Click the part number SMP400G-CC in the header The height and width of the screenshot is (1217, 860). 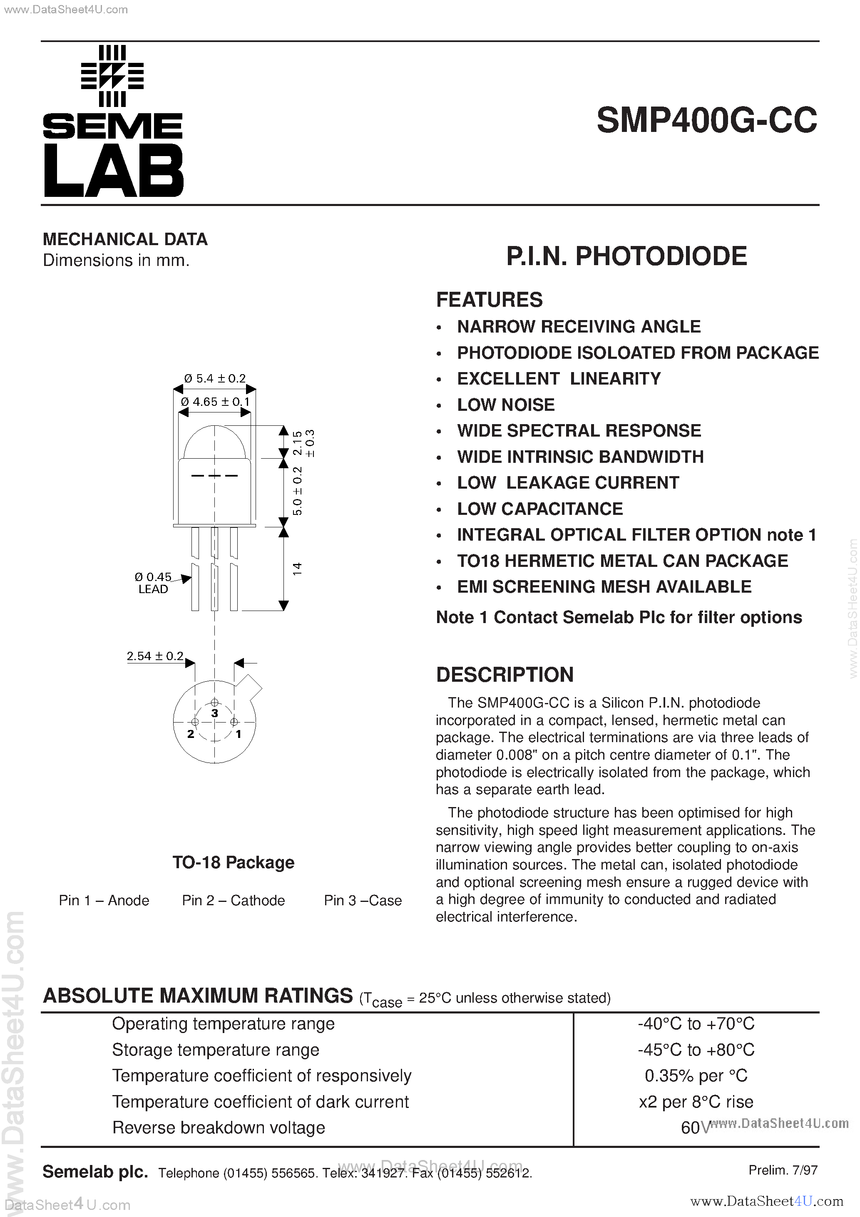pos(706,121)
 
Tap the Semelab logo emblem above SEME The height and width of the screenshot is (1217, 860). pos(112,75)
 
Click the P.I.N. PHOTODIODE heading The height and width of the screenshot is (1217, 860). pos(626,256)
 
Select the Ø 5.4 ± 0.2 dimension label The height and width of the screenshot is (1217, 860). pos(215,378)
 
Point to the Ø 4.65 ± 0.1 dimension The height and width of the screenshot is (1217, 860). pos(215,402)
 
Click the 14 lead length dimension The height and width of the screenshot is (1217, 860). pos(297,569)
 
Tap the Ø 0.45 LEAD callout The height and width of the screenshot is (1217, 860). pos(153,583)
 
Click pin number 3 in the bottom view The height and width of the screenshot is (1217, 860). pos(214,713)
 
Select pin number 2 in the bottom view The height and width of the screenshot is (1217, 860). pos(190,734)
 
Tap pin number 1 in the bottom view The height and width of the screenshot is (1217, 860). pos(239,734)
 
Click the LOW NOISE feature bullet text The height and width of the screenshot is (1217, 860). pos(505,405)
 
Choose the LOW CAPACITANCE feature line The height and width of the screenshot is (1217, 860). pos(540,509)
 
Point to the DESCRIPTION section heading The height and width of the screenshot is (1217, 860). pos(505,675)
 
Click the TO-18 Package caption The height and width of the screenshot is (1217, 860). pos(233,862)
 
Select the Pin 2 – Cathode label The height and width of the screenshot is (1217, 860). pos(233,901)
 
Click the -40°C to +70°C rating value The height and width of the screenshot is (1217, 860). pos(696,1023)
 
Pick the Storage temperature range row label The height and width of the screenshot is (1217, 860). pos(216,1050)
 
